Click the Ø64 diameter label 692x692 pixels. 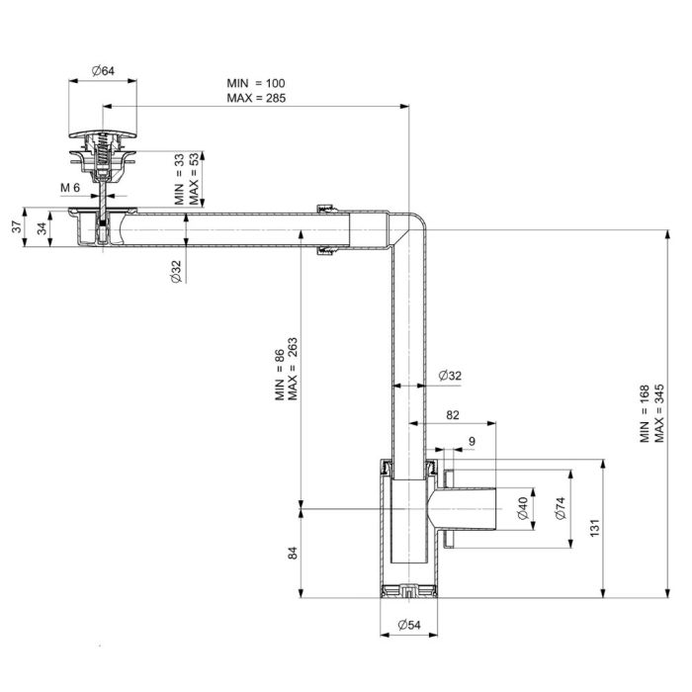click(x=103, y=70)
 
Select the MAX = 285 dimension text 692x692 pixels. click(x=256, y=98)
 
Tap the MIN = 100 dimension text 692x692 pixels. click(x=256, y=83)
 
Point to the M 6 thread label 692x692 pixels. click(x=70, y=188)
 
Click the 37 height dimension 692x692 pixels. click(x=17, y=226)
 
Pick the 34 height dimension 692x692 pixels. click(x=42, y=228)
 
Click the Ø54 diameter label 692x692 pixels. click(x=409, y=625)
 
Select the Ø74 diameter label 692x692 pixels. click(x=561, y=508)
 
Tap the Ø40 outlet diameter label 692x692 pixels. click(x=523, y=508)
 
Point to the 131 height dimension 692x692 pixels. click(x=595, y=528)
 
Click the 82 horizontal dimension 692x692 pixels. click(x=453, y=415)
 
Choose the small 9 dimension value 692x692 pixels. click(x=473, y=441)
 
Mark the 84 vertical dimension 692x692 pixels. click(x=293, y=553)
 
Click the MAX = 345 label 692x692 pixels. click(x=659, y=413)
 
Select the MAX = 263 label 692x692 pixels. click(x=293, y=369)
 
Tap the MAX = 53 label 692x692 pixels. click(x=194, y=179)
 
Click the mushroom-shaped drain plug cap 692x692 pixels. click(x=103, y=133)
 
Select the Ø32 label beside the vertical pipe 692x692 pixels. click(x=450, y=376)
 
